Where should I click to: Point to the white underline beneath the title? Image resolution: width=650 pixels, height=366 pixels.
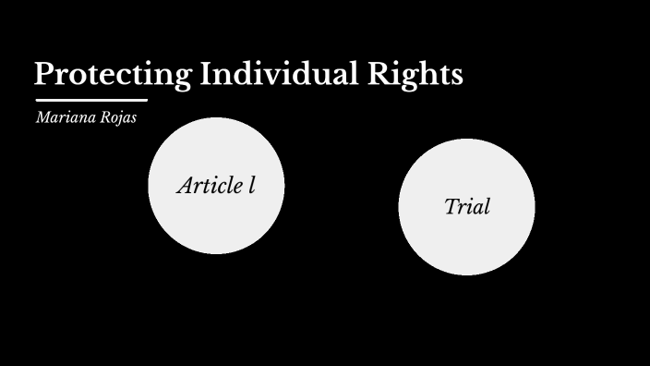point(91,100)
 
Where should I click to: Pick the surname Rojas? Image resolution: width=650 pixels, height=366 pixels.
point(116,117)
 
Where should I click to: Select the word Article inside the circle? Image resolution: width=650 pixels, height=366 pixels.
point(209,185)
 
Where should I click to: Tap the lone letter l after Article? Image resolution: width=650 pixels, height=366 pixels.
point(251,185)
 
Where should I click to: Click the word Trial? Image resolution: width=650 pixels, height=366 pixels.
point(466,206)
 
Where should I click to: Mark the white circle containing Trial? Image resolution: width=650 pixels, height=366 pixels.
point(466,245)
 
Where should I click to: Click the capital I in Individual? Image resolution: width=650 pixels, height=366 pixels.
point(206,74)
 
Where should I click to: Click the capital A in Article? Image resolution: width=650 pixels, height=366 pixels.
point(185,185)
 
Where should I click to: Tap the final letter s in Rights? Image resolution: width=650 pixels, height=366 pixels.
point(456,76)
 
